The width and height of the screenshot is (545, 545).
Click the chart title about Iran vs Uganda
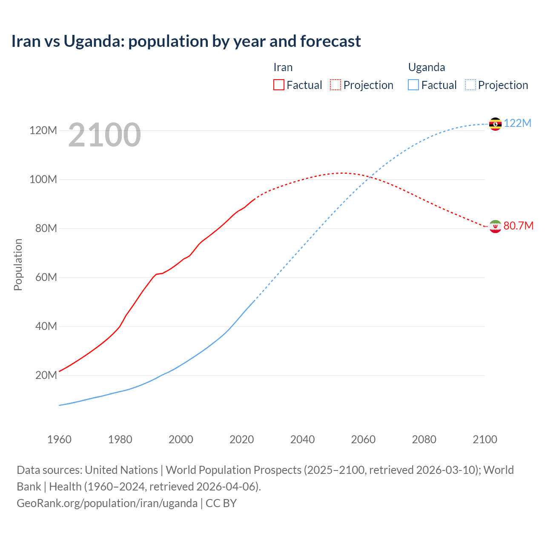[x=186, y=41]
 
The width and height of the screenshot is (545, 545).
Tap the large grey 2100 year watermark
[x=104, y=135]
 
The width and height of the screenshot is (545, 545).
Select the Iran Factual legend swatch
[x=279, y=85]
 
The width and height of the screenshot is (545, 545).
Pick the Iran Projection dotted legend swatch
[x=336, y=85]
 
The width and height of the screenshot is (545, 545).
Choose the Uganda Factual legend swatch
[x=413, y=85]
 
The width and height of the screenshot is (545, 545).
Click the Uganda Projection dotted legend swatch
[x=470, y=85]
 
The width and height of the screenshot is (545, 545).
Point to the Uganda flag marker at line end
[x=495, y=124]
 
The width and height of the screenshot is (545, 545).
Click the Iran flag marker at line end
[x=495, y=227]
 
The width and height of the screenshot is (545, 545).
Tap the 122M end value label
[x=517, y=123]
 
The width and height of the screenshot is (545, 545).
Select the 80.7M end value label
[x=518, y=226]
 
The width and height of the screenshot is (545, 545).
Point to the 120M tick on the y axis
[x=43, y=130]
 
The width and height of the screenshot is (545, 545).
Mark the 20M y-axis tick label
[x=46, y=375]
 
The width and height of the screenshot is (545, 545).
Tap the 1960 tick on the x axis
[x=59, y=439]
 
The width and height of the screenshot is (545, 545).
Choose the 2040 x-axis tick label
[x=302, y=439]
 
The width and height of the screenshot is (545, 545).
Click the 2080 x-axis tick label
[x=424, y=439]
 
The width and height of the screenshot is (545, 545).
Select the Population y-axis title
[x=18, y=264]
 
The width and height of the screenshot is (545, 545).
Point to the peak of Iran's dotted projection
[x=343, y=173]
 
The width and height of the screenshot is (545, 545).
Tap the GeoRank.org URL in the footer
[x=107, y=503]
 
